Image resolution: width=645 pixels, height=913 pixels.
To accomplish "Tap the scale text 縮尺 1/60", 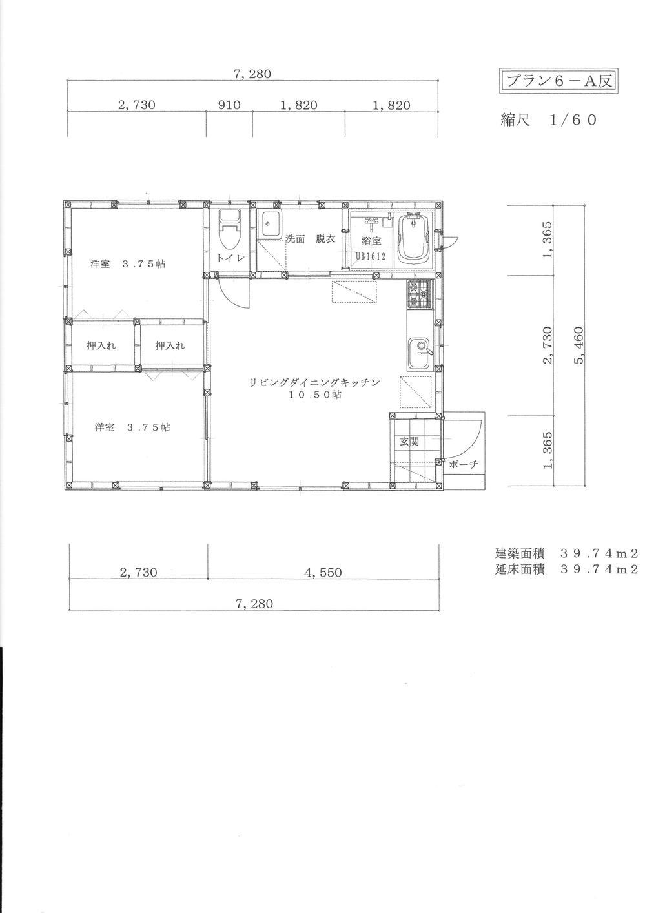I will click(549, 119).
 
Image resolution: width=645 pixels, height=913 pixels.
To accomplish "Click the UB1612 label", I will click(371, 255).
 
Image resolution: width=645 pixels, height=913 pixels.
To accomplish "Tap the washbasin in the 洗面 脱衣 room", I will click(269, 223).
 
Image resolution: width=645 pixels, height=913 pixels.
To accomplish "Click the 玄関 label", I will click(409, 442).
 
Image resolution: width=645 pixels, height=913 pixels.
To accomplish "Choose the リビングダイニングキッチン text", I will click(314, 382).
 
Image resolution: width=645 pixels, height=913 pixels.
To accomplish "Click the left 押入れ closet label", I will click(101, 346).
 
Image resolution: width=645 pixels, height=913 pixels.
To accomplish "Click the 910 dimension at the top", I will click(229, 105).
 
